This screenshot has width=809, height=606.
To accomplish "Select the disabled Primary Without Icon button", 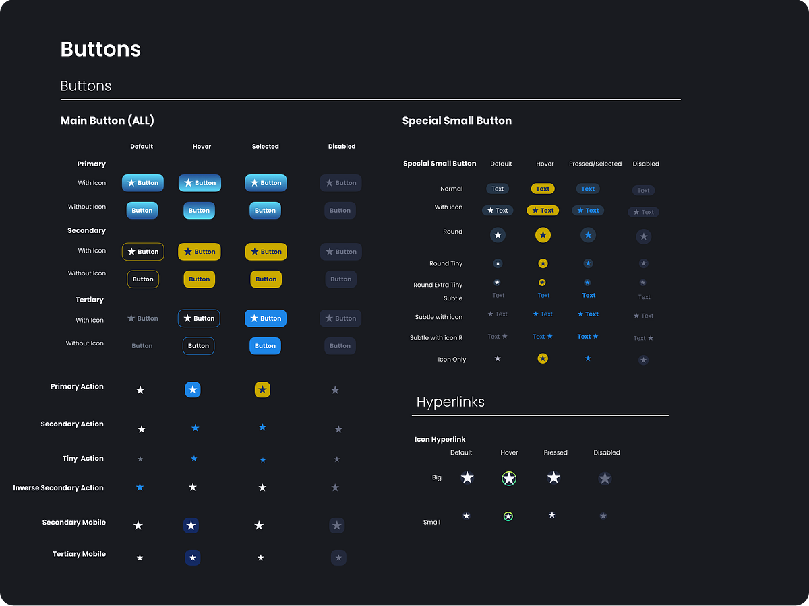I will click(340, 210).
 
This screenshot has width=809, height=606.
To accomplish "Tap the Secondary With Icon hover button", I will click(200, 252).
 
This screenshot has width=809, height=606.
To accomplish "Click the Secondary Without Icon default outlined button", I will click(143, 279).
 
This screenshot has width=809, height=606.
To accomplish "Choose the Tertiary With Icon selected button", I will click(266, 318).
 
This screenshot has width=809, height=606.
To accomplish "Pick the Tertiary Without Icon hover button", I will click(198, 345).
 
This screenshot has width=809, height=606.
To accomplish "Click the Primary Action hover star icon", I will click(193, 389).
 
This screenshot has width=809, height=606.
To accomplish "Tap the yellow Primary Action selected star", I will click(262, 389).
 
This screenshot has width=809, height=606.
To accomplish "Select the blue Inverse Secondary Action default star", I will click(140, 487).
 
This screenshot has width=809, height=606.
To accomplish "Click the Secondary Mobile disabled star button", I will click(337, 525).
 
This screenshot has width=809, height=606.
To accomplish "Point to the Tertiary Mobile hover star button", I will click(193, 558).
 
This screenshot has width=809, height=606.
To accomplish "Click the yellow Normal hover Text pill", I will click(543, 189).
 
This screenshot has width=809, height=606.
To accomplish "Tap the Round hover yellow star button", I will click(543, 235).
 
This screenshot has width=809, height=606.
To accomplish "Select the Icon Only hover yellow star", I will click(543, 358).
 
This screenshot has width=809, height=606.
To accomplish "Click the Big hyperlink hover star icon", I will click(509, 478).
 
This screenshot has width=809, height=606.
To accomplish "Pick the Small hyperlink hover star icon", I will click(508, 516).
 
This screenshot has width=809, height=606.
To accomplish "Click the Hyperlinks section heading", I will click(450, 402).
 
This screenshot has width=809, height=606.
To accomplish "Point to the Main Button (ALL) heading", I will click(107, 121).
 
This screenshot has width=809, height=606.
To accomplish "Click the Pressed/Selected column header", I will click(595, 164).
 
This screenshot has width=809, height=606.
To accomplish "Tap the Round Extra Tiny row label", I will click(438, 285).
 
